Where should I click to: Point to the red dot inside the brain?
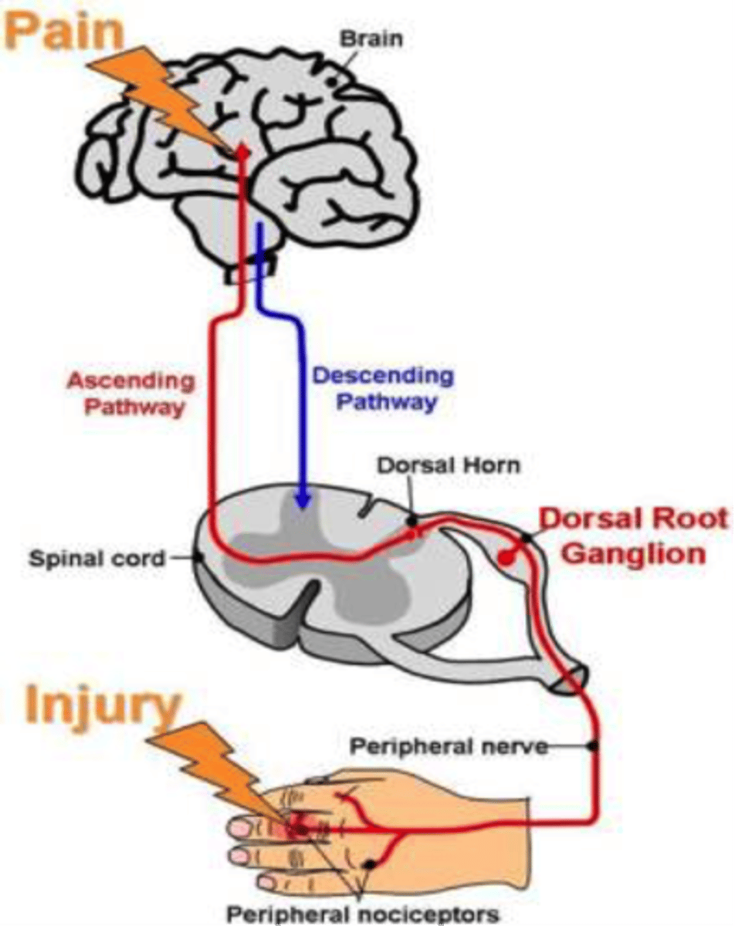(x=242, y=154)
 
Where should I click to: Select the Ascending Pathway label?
(x=130, y=393)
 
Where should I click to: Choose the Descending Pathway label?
(x=383, y=388)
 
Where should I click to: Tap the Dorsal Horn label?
(x=448, y=465)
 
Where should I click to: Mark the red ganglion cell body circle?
(x=506, y=557)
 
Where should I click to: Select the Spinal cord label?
(x=97, y=558)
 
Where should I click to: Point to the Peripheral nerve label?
(x=449, y=747)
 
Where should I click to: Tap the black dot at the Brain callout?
(x=331, y=79)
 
